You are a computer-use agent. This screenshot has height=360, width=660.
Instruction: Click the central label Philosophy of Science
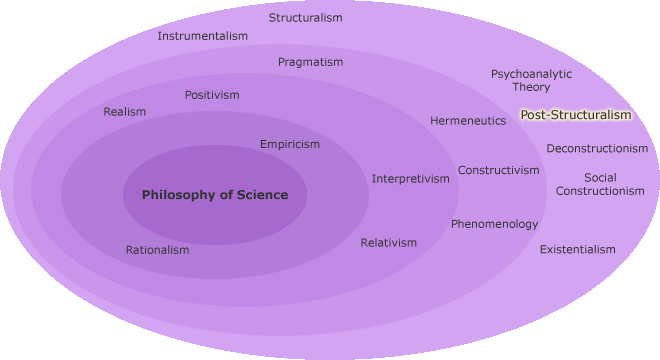pyautogui.click(x=215, y=195)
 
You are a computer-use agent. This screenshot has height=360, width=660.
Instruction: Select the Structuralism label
pyautogui.click(x=306, y=18)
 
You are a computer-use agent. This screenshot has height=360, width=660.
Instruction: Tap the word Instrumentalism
pyautogui.click(x=203, y=37)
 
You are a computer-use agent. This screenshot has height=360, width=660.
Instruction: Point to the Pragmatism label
pyautogui.click(x=310, y=62)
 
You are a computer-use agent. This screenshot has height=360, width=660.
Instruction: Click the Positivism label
pyautogui.click(x=212, y=95)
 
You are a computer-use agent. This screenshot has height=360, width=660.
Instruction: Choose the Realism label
pyautogui.click(x=125, y=112)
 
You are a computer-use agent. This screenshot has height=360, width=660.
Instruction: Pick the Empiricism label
pyautogui.click(x=290, y=144)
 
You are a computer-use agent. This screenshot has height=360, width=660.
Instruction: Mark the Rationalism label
pyautogui.click(x=157, y=250)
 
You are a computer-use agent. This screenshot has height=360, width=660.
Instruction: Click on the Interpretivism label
pyautogui.click(x=411, y=179)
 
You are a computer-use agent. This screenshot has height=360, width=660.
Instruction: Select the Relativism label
pyautogui.click(x=389, y=243)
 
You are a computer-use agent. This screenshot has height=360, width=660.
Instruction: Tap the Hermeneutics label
pyautogui.click(x=468, y=121)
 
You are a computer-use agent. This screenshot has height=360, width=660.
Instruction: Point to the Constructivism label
pyautogui.click(x=499, y=170)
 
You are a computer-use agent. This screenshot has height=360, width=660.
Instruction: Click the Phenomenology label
pyautogui.click(x=494, y=224)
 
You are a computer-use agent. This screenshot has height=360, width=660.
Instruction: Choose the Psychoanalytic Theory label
pyautogui.click(x=531, y=80)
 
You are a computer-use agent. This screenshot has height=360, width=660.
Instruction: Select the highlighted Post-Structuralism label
pyautogui.click(x=576, y=115)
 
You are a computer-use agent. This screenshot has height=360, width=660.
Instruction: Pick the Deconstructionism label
pyautogui.click(x=597, y=149)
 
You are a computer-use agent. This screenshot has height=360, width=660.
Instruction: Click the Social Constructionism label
pyautogui.click(x=600, y=184)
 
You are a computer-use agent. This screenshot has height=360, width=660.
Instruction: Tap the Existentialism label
pyautogui.click(x=578, y=249)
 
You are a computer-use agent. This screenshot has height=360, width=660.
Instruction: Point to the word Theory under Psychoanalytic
pyautogui.click(x=532, y=87)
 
